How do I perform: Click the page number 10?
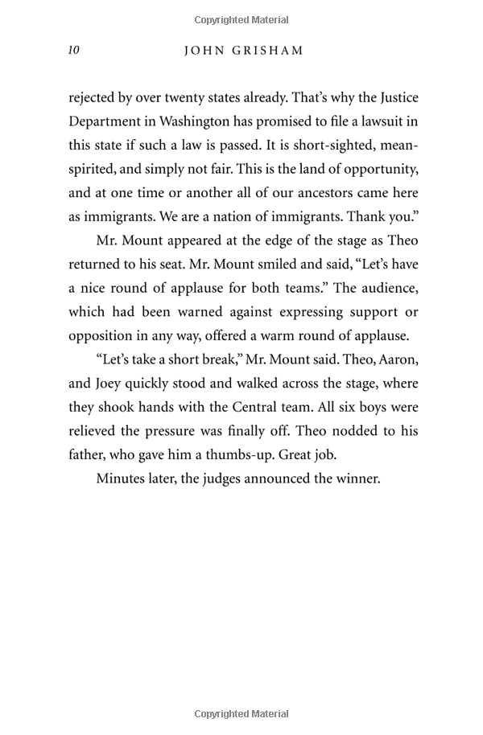[73, 51]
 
